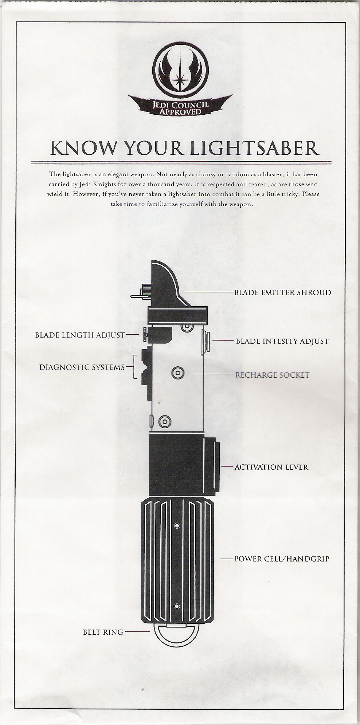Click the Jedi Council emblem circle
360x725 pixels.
(x=180, y=70)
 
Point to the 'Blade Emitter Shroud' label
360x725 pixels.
(x=282, y=292)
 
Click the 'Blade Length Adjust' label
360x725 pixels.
(x=80, y=335)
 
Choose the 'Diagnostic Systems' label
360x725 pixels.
(x=82, y=367)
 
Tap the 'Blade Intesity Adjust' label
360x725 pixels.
(x=282, y=341)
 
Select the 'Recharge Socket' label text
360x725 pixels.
(x=273, y=375)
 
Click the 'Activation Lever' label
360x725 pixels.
(x=271, y=467)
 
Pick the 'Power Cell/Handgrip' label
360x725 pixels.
(x=282, y=559)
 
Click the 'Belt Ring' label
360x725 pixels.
(x=103, y=632)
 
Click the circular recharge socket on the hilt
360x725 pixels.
(x=178, y=373)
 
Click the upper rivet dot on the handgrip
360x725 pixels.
(x=177, y=526)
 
